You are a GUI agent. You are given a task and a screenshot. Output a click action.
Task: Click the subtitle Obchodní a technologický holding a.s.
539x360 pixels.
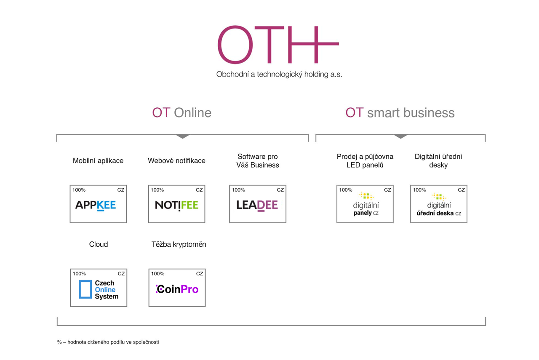tap(279, 75)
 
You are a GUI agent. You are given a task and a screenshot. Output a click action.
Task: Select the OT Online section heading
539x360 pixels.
tap(181, 112)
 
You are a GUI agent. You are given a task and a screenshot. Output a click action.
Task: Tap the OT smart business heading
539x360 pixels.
tap(400, 112)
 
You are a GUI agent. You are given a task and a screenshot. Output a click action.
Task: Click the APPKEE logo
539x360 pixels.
tap(96, 205)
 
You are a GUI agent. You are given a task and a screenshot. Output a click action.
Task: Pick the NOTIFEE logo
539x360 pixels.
tap(176, 205)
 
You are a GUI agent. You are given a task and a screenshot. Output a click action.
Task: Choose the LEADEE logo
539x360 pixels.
tap(257, 205)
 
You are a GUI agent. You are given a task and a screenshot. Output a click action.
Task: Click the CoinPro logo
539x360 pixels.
tap(177, 289)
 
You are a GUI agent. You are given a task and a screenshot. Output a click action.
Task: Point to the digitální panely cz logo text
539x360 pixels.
tap(366, 209)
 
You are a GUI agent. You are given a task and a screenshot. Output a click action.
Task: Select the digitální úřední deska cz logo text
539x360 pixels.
tap(439, 209)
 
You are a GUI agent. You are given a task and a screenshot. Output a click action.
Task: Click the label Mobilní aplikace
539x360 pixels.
tap(98, 160)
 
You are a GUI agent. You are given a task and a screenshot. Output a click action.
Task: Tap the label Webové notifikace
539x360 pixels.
tap(176, 160)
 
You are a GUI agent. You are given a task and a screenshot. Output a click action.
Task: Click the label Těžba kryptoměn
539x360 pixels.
tap(179, 244)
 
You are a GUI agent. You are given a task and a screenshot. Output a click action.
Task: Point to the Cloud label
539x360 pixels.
tap(99, 244)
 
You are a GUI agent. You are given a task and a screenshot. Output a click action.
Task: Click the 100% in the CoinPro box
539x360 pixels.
tap(157, 274)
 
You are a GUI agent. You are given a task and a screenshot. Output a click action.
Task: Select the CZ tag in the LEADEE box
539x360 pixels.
tap(280, 190)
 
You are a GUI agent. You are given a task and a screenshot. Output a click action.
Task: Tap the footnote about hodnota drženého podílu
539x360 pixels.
tap(108, 342)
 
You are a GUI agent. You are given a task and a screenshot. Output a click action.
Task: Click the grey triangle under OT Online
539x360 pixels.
tap(183, 136)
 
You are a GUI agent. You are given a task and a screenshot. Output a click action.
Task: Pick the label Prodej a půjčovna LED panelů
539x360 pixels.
tap(365, 161)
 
